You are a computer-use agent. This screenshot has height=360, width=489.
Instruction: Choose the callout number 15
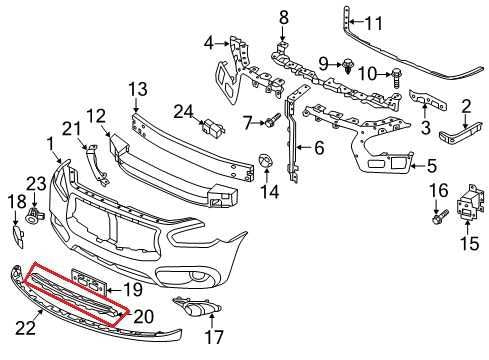click(x=466, y=242)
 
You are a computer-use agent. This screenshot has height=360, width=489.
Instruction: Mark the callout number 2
click(x=465, y=105)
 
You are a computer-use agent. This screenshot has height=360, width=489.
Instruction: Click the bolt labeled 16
click(x=438, y=214)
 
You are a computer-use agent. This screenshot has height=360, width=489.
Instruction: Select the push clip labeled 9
click(x=346, y=67)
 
